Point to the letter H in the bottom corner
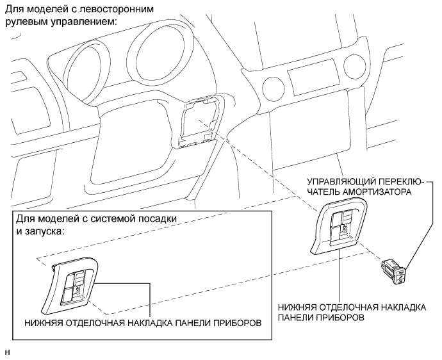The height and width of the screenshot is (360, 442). coord(7,351)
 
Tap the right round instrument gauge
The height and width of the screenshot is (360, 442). coord(154,51)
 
